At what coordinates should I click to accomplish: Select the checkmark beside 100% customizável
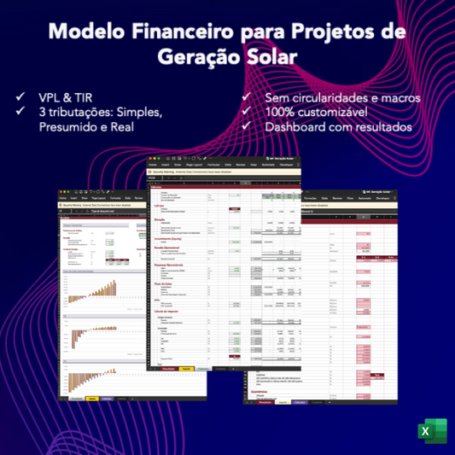tap(248, 112)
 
